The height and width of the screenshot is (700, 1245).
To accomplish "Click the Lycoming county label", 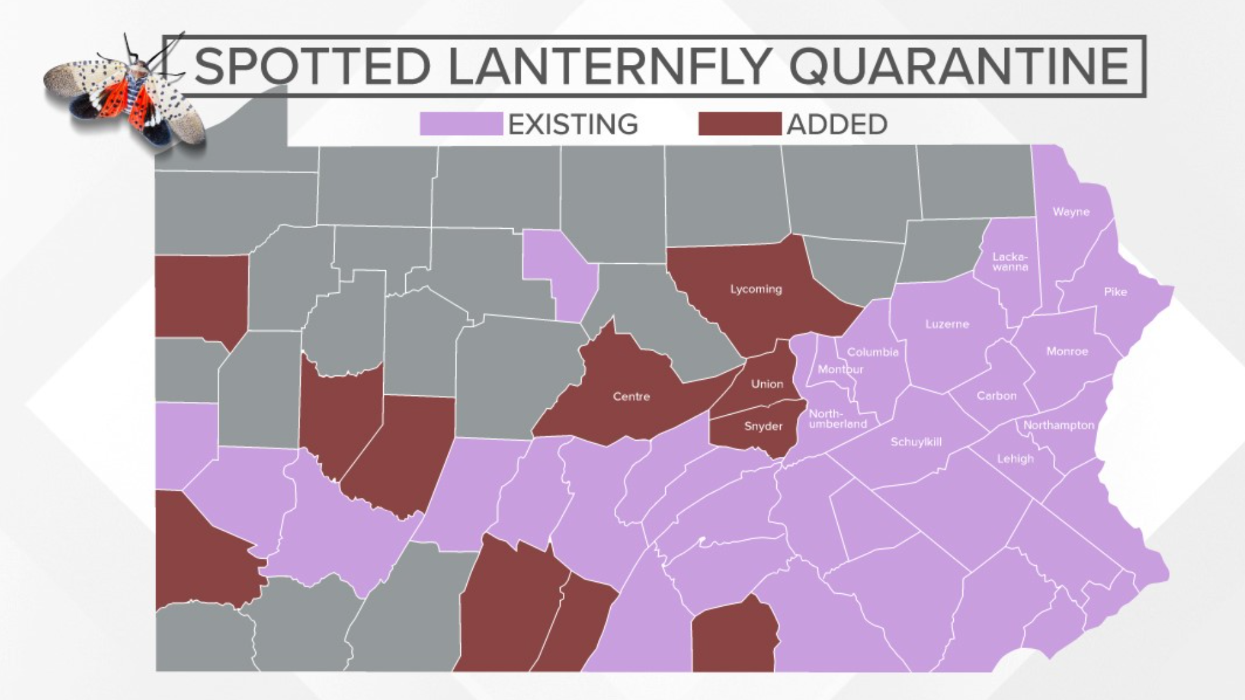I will pyautogui.click(x=756, y=289).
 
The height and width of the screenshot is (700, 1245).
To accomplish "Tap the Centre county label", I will pyautogui.click(x=631, y=396).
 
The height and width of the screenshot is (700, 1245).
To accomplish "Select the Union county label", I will pyautogui.click(x=767, y=384).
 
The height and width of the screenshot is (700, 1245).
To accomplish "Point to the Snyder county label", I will pyautogui.click(x=763, y=426).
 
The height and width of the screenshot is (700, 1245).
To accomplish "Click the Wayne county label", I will pyautogui.click(x=1071, y=212).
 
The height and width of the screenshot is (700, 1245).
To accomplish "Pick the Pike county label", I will pyautogui.click(x=1115, y=292).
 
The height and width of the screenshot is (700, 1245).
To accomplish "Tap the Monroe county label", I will pyautogui.click(x=1067, y=351).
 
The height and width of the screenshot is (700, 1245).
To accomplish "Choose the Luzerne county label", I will pyautogui.click(x=947, y=324).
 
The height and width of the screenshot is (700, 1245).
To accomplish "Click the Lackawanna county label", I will pyautogui.click(x=1010, y=262).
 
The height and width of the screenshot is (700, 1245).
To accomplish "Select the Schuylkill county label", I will pyautogui.click(x=916, y=442).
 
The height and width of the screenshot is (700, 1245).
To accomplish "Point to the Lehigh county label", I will pyautogui.click(x=1015, y=459).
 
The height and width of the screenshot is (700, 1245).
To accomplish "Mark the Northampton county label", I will pyautogui.click(x=1058, y=425).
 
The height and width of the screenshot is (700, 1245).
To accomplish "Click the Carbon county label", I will pyautogui.click(x=997, y=395).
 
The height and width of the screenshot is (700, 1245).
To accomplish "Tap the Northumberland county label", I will pyautogui.click(x=836, y=419).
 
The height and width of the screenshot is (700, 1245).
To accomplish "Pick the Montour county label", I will pyautogui.click(x=840, y=369).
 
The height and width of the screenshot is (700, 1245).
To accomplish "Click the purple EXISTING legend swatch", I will pyautogui.click(x=461, y=124).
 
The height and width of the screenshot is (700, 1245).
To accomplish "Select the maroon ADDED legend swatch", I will pyautogui.click(x=739, y=124).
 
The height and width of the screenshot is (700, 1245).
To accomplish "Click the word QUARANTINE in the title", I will pyautogui.click(x=960, y=66).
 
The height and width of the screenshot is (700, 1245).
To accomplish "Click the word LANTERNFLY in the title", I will pyautogui.click(x=610, y=66).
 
